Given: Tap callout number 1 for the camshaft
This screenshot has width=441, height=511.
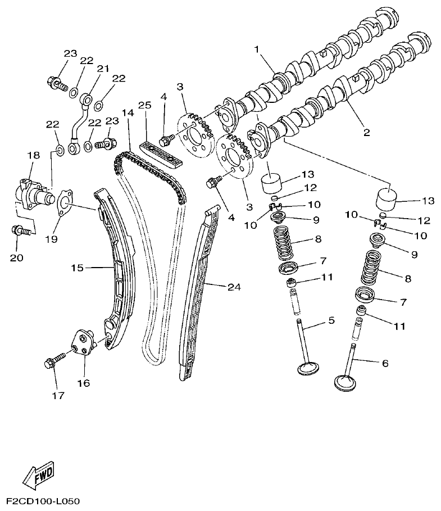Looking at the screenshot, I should (257, 49).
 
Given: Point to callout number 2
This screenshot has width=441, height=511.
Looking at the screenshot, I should (366, 133).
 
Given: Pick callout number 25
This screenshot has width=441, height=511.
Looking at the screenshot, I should (144, 106).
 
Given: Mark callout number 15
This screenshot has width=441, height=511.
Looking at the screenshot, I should (77, 268).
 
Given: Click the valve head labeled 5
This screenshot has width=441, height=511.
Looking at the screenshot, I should (309, 369).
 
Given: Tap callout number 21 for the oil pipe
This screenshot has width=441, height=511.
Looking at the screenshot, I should (102, 69).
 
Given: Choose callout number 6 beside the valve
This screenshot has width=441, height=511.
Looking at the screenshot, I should (385, 363).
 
